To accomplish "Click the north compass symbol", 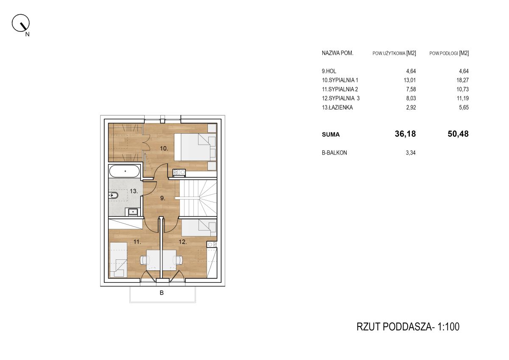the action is pos(21,23).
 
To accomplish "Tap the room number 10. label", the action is pos(164,149).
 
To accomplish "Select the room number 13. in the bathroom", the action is pos(134,191).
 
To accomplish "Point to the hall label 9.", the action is pos(163,198).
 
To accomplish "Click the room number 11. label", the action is pos(137,242).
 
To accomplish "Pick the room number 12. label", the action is pos(183,242).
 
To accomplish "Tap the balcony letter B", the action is pos(162,293).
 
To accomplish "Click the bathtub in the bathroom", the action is pos(124,171).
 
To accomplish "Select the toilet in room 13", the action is pos(113,195).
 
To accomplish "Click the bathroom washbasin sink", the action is pos(133,212).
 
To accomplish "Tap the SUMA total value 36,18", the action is pos(405,134).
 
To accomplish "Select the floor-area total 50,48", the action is pos(458,134).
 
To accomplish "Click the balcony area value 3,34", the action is pos(411,153).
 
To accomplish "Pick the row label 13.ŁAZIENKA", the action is pos(337,107).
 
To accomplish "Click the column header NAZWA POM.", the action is pos(338,53).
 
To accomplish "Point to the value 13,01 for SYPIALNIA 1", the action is pos(410,80).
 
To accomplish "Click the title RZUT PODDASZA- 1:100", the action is pos(408,327).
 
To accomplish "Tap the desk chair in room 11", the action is pos(145,260).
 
